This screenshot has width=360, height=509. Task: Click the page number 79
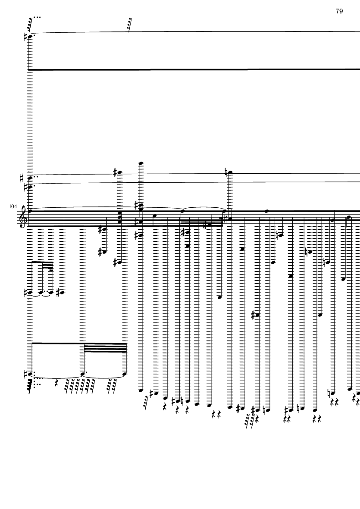(339, 11)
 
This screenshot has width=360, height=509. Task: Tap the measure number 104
(13, 206)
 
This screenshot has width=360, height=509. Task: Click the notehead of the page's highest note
(31, 37)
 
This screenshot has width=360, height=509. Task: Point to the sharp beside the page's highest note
(26, 37)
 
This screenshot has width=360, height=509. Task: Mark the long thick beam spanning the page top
(194, 69)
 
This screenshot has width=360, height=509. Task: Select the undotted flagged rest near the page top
(129, 25)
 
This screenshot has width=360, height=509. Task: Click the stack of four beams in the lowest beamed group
(105, 348)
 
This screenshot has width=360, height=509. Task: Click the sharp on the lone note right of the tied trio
(58, 293)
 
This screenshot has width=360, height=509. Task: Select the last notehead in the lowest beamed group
(125, 374)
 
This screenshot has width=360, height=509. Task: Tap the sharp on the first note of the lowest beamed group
(26, 374)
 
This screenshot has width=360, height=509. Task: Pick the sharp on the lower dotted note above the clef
(26, 187)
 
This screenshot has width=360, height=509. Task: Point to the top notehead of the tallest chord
(141, 163)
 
